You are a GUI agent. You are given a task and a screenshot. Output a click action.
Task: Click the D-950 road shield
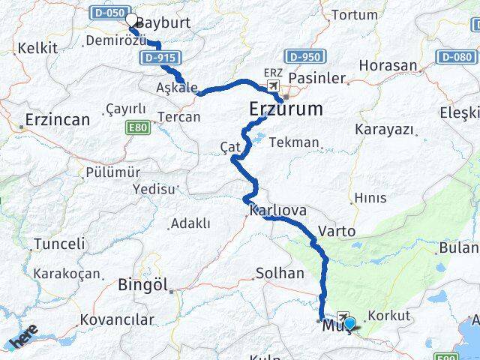click(304, 57)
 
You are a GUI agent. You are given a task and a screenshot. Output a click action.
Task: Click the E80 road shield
click(138, 127)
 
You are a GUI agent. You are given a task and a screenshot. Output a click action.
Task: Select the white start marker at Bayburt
click(132, 21)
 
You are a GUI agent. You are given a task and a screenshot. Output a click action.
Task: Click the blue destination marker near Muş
click(349, 324)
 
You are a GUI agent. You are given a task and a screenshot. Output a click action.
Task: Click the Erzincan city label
click(57, 120)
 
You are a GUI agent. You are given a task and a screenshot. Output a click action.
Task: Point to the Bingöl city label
click(142, 285)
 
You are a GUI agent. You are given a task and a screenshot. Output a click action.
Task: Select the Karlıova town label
click(278, 211)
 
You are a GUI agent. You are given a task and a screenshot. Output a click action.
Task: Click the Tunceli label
click(59, 244)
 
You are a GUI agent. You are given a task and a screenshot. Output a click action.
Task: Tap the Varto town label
click(337, 231)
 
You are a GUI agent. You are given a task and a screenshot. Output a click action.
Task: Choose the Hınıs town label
click(370, 198)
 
